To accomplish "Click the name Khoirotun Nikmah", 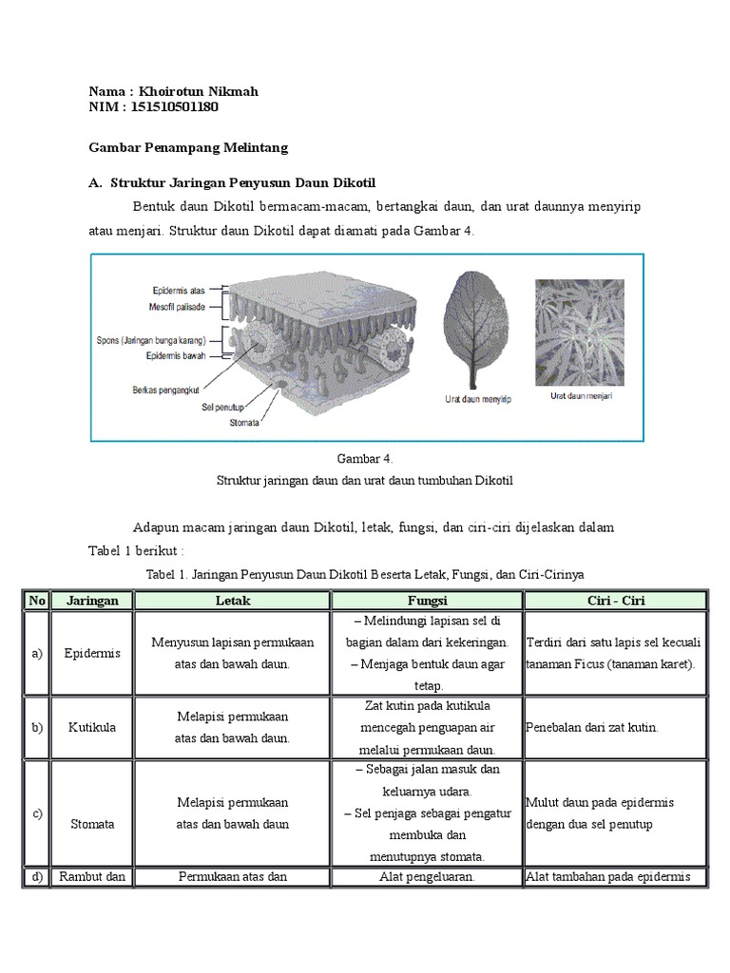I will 198,91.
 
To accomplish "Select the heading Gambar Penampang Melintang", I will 188,148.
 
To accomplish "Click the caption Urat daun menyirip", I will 477,399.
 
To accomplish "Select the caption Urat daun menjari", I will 581,396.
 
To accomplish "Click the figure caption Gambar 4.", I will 365,459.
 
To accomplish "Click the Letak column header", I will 233,601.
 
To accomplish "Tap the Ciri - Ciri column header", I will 615,601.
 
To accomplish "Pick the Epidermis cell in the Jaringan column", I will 92,654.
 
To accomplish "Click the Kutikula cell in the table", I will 92,727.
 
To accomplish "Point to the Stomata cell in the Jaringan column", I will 92,824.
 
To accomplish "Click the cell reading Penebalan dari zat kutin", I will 591,727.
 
